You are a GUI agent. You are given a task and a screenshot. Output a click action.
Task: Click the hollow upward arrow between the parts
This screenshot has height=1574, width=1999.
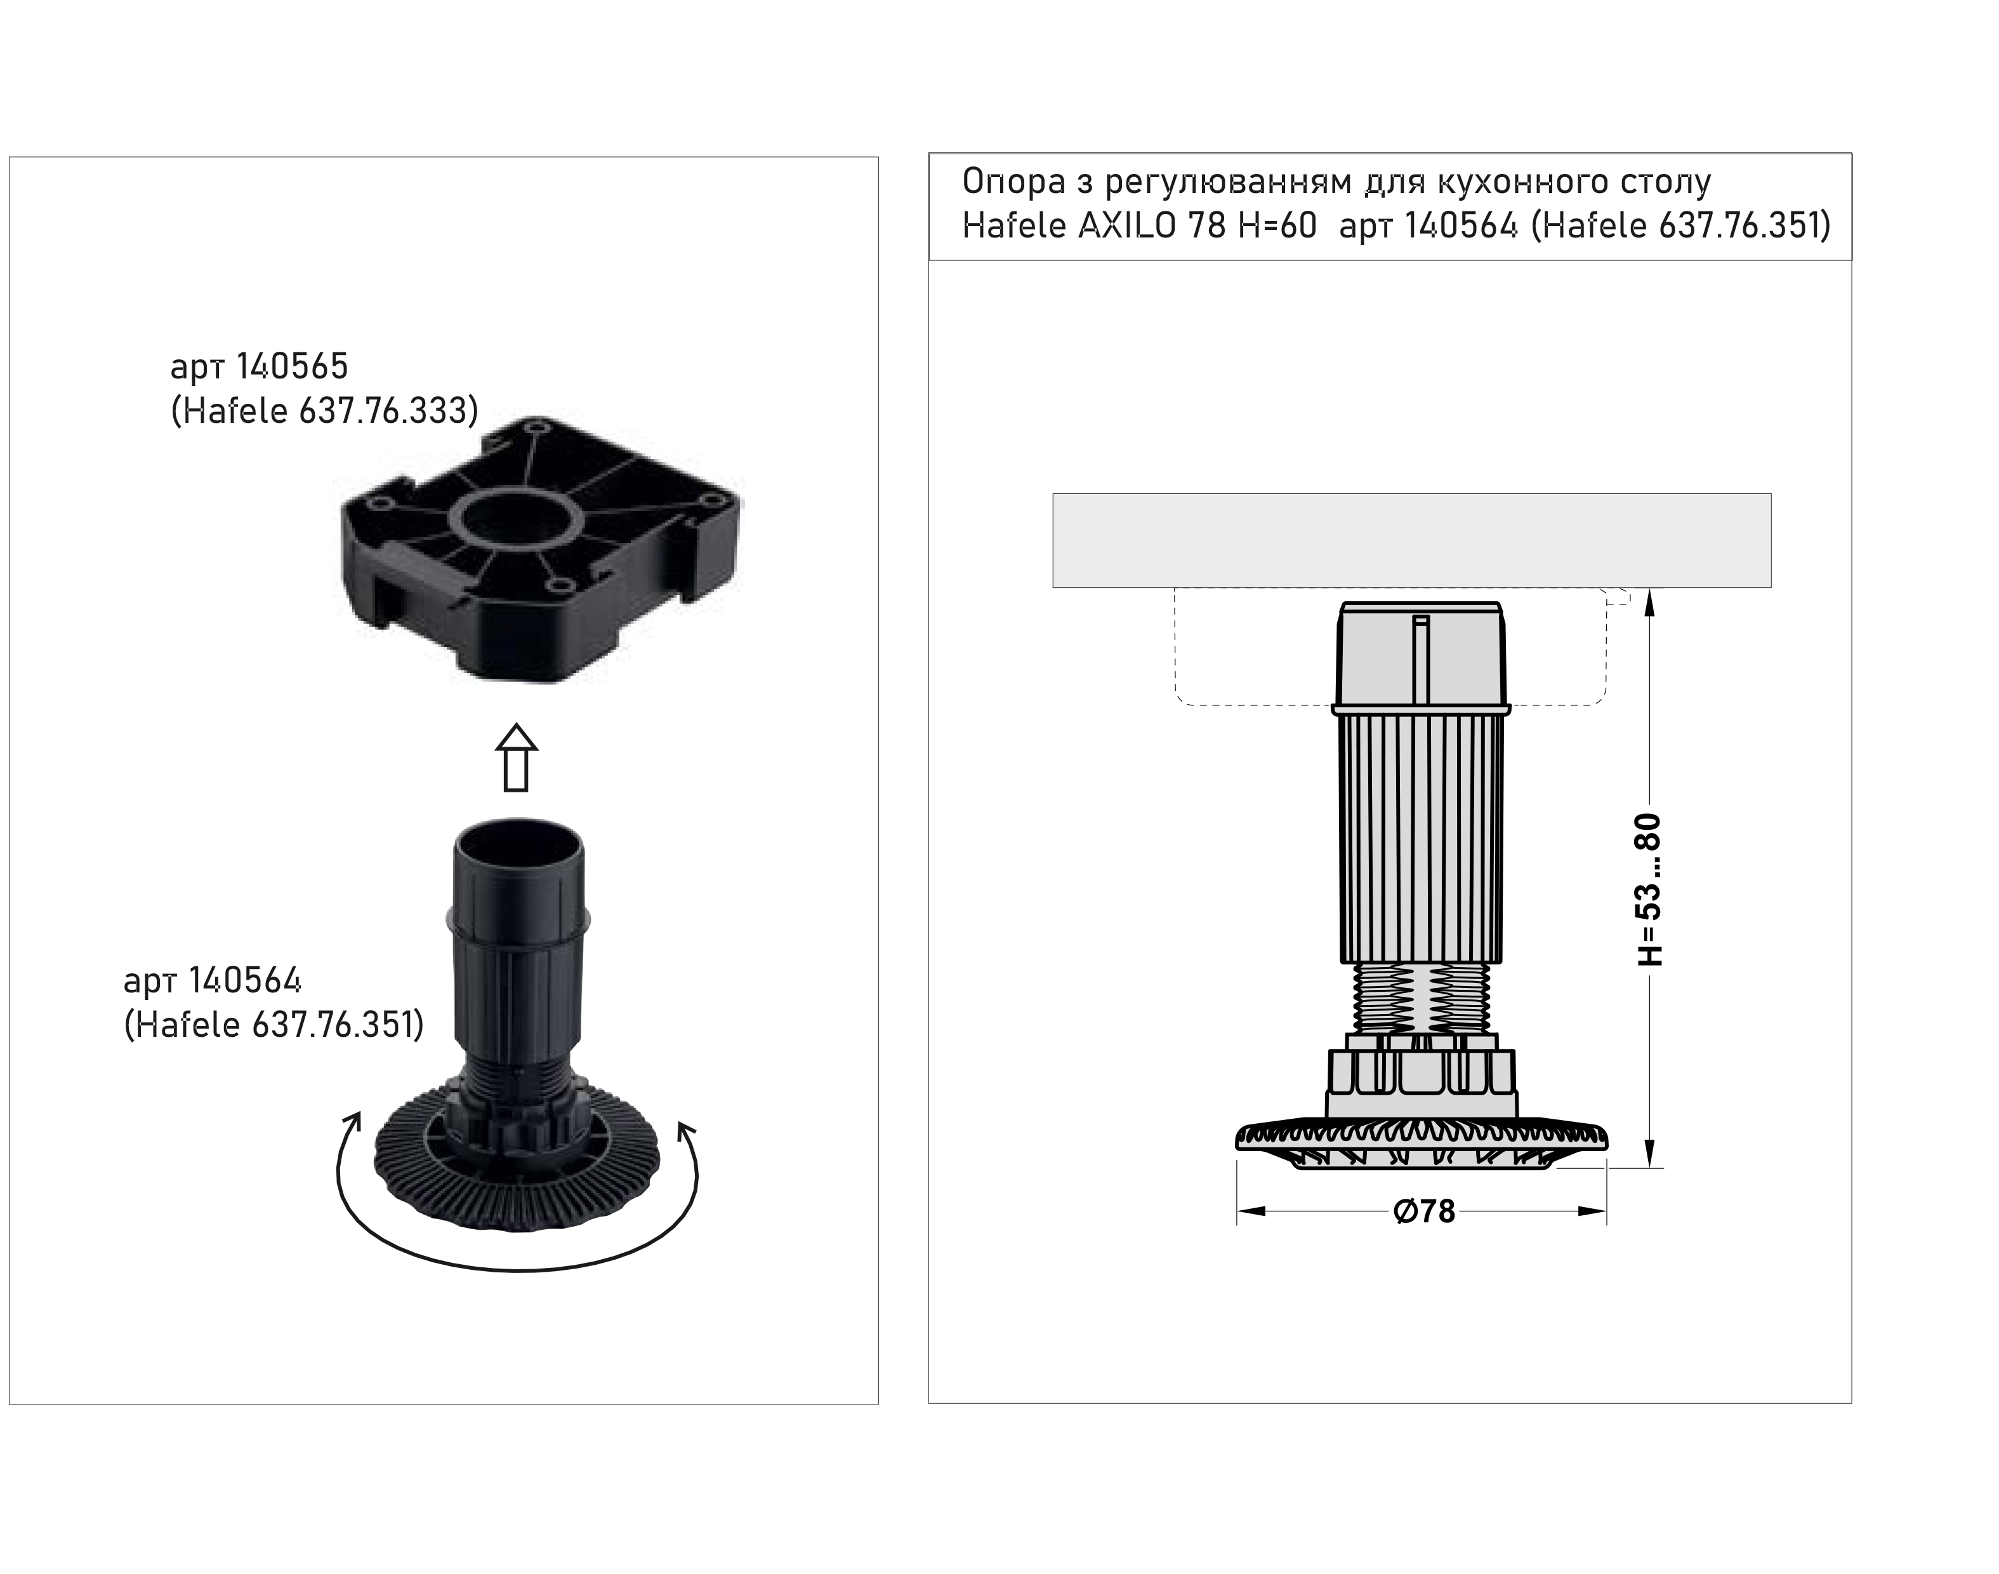[516, 757]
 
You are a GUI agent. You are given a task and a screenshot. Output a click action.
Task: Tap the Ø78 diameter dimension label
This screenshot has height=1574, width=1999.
[1424, 1211]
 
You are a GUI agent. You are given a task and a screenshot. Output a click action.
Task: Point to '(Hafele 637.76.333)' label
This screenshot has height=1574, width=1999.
[325, 411]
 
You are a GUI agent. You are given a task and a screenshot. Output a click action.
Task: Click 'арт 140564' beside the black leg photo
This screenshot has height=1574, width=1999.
[213, 980]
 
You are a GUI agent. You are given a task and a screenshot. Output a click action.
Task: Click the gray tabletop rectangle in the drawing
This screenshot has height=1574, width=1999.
[1411, 540]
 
